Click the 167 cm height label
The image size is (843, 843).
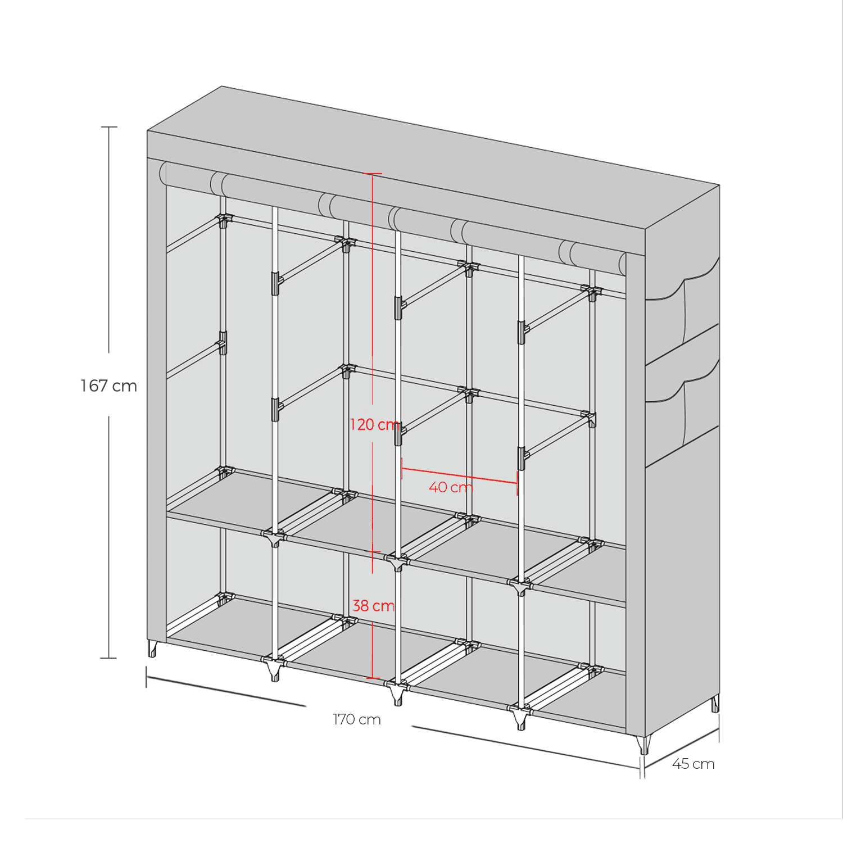108,386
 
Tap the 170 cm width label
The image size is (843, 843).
356,719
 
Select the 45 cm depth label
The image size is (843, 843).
693,764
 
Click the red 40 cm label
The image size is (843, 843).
450,487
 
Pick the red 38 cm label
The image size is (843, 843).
373,606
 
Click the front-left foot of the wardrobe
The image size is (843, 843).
152,649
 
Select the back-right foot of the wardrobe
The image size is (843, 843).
715,704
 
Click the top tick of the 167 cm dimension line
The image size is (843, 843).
109,128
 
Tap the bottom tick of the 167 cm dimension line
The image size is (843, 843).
108,658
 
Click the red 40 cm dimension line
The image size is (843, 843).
459,475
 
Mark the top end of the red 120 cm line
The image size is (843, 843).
372,174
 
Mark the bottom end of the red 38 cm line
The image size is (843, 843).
373,678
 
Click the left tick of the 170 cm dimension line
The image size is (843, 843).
147,677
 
